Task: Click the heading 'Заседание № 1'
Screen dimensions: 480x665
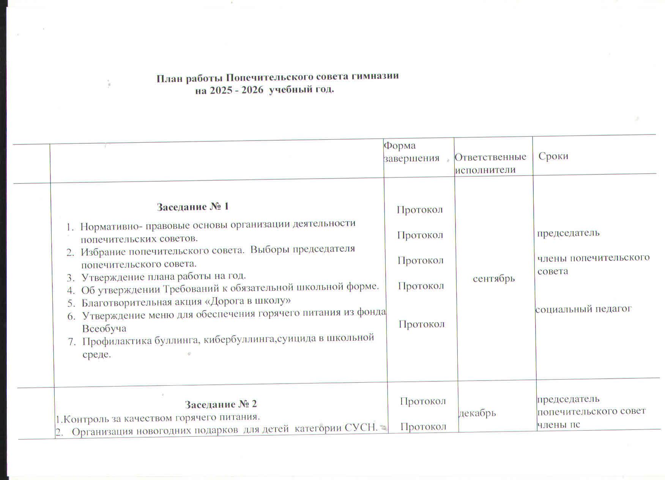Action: (x=192, y=207)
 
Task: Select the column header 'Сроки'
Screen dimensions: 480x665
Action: (x=553, y=156)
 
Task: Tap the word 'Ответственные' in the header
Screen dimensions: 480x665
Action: (x=490, y=157)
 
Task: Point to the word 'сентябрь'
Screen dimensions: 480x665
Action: (x=493, y=279)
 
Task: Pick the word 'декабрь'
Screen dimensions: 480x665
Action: (x=477, y=413)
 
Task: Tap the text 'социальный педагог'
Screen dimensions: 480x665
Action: (x=583, y=309)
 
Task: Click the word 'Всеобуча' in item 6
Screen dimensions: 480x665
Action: (x=104, y=328)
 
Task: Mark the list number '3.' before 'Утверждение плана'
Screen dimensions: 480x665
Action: (x=71, y=277)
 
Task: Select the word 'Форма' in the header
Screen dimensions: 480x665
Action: (x=400, y=145)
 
